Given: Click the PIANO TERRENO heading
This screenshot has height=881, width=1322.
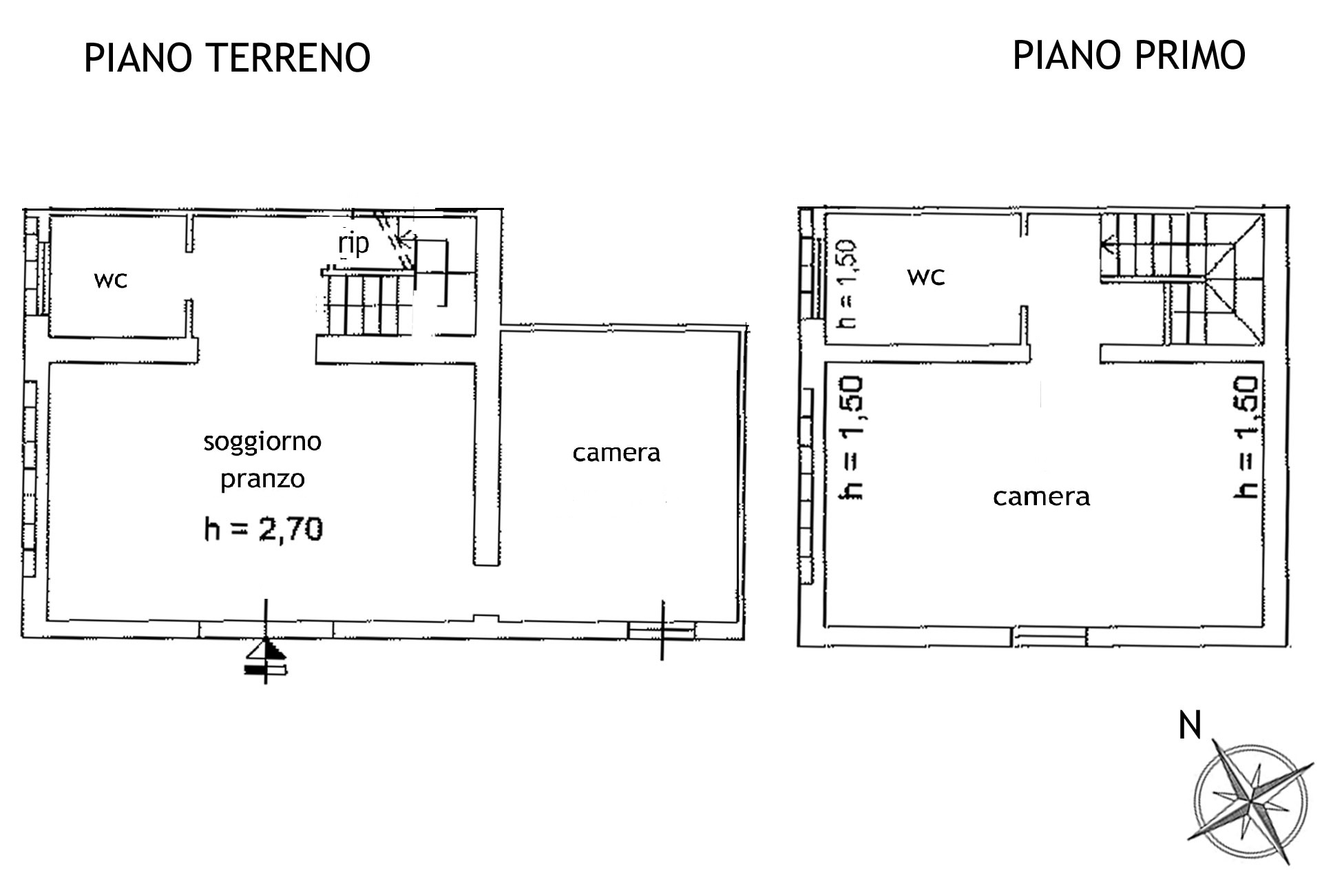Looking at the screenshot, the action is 227,57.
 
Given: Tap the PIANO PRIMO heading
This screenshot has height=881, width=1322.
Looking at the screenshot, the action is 1129,55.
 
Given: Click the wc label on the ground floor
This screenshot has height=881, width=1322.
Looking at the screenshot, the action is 111,280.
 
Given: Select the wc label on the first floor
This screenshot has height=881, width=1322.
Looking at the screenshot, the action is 926,277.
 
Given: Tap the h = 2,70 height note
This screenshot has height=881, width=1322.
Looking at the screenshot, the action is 264,529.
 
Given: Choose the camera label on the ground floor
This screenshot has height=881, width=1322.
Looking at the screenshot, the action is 616,453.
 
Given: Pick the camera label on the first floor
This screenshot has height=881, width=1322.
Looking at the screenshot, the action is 1041,496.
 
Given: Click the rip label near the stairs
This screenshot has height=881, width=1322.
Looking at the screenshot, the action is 354,243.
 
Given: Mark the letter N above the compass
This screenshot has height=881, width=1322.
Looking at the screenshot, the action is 1190,725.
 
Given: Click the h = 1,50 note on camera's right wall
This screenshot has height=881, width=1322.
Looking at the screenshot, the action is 1247,437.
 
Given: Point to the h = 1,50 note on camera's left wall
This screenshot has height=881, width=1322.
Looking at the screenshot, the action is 851,437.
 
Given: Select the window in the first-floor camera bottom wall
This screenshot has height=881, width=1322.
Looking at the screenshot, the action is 1050,636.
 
